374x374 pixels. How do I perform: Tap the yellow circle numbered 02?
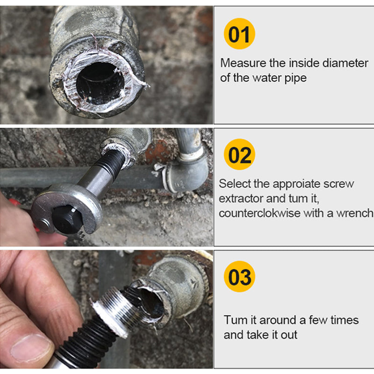click(239, 155)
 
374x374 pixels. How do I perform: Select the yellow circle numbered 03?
click(240, 277)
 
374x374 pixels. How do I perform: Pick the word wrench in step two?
click(356, 213)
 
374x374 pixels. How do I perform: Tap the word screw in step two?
click(337, 184)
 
